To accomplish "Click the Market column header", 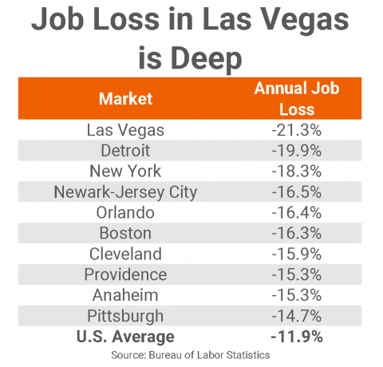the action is pos(125,99).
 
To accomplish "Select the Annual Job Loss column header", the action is pos(297,99).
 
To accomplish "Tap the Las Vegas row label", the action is pos(125,131).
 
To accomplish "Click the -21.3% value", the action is pos(297,130).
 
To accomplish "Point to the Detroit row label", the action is pos(125,151).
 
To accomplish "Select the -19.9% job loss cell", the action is pos(297,151).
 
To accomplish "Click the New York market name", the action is pos(125,171).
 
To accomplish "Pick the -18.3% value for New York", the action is pos(297,171).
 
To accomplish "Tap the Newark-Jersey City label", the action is pos(125,192).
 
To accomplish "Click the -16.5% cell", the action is pos(297,191).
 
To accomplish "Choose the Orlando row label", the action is pos(125,212).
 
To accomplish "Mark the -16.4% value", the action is pos(297,212).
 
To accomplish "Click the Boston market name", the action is pos(125,233).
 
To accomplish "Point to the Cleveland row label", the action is pos(125,254).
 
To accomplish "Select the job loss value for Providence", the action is pos(297,274).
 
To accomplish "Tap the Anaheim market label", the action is pos(125,295).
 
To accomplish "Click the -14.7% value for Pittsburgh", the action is pos(297,316).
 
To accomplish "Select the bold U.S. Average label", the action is pos(125,337).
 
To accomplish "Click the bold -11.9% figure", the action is pos(297,337).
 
